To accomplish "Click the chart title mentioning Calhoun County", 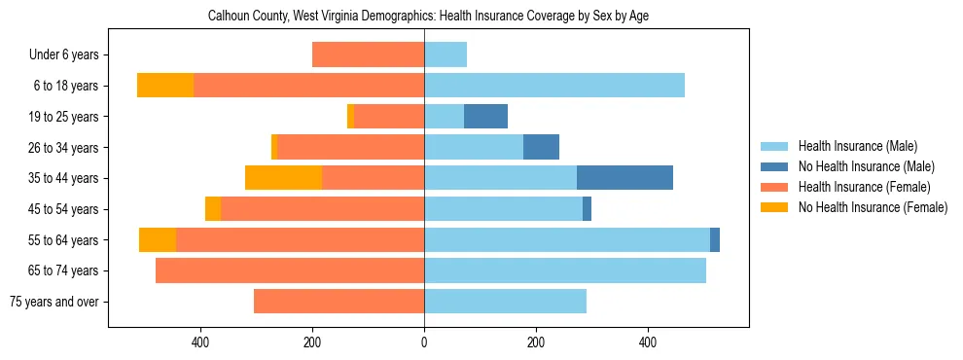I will point(428,17).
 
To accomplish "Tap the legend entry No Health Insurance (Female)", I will point(873,207).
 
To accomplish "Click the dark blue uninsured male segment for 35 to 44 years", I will point(624,178).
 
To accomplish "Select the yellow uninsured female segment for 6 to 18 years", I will point(165,86).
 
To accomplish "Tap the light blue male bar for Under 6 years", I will point(446,55).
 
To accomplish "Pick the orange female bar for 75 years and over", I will point(339,302).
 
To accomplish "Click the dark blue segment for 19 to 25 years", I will point(485,117).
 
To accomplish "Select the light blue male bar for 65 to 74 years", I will point(565,270).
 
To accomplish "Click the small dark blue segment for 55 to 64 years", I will point(715,240).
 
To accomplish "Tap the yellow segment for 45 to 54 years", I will point(213,209).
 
